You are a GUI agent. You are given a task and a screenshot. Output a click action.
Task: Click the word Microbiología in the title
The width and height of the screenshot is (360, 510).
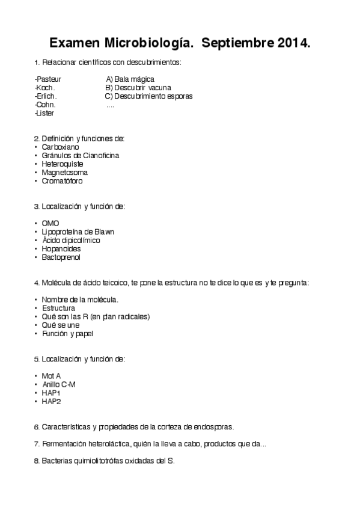[142, 43]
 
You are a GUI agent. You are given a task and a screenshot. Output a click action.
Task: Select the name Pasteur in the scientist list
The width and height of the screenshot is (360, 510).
[49, 79]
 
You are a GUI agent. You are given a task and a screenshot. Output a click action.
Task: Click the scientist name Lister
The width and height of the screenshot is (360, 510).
[45, 113]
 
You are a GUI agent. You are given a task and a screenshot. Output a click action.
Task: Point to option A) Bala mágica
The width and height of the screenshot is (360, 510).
[130, 79]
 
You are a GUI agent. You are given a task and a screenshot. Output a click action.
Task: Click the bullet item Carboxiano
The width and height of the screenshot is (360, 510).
[60, 147]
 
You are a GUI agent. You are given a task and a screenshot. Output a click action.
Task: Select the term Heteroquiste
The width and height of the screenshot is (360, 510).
[63, 164]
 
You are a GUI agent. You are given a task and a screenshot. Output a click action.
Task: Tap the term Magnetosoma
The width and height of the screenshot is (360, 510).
[64, 172]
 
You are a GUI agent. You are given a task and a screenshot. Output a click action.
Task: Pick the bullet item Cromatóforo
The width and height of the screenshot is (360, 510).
[63, 180]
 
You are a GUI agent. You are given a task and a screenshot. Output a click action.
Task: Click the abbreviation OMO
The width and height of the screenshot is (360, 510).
[50, 223]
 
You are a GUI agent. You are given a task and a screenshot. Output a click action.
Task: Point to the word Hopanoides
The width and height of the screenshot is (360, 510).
[61, 248]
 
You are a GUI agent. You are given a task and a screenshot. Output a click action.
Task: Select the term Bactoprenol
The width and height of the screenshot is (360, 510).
[61, 257]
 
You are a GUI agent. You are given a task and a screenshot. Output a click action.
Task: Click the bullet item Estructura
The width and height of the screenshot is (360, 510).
[58, 308]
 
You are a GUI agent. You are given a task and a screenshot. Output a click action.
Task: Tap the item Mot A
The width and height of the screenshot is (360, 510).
[51, 376]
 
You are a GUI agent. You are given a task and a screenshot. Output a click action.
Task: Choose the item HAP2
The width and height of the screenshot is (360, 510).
[51, 401]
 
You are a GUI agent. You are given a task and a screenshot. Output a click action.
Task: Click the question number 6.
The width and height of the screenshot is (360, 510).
[37, 427]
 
